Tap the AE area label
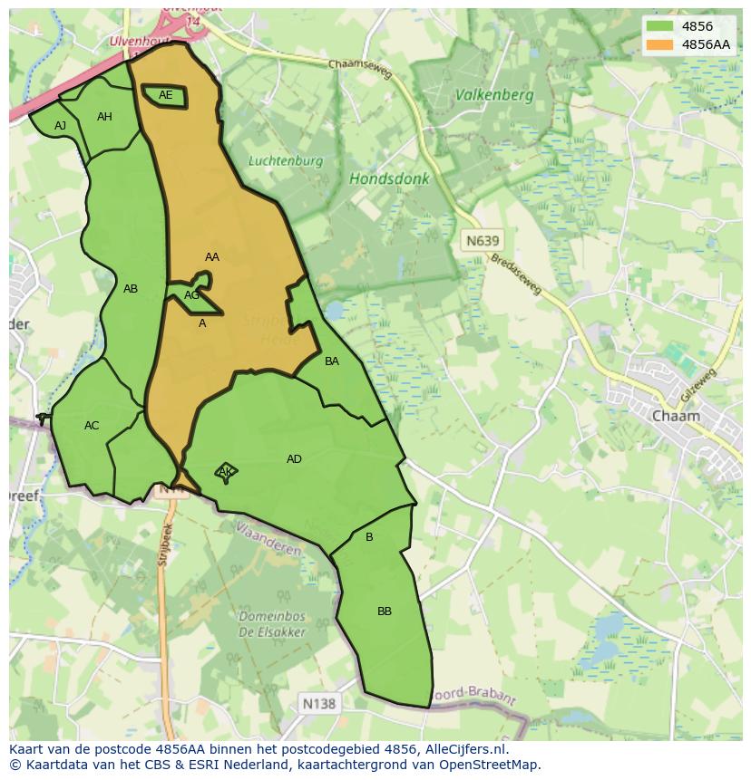coord(165,95)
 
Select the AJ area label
coord(60,126)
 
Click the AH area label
coord(104,117)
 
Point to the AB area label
coord(131,289)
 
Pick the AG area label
coord(191,295)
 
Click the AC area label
coord(92,426)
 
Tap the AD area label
coord(294,459)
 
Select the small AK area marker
coord(226,472)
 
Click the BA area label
coord(332,361)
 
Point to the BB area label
coord(385,611)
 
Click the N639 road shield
coord(482,241)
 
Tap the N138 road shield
coord(317,703)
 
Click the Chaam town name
coord(676,416)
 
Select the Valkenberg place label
coord(494,94)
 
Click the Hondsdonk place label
coord(389,179)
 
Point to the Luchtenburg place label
coord(286,161)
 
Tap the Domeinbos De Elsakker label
coord(272,624)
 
